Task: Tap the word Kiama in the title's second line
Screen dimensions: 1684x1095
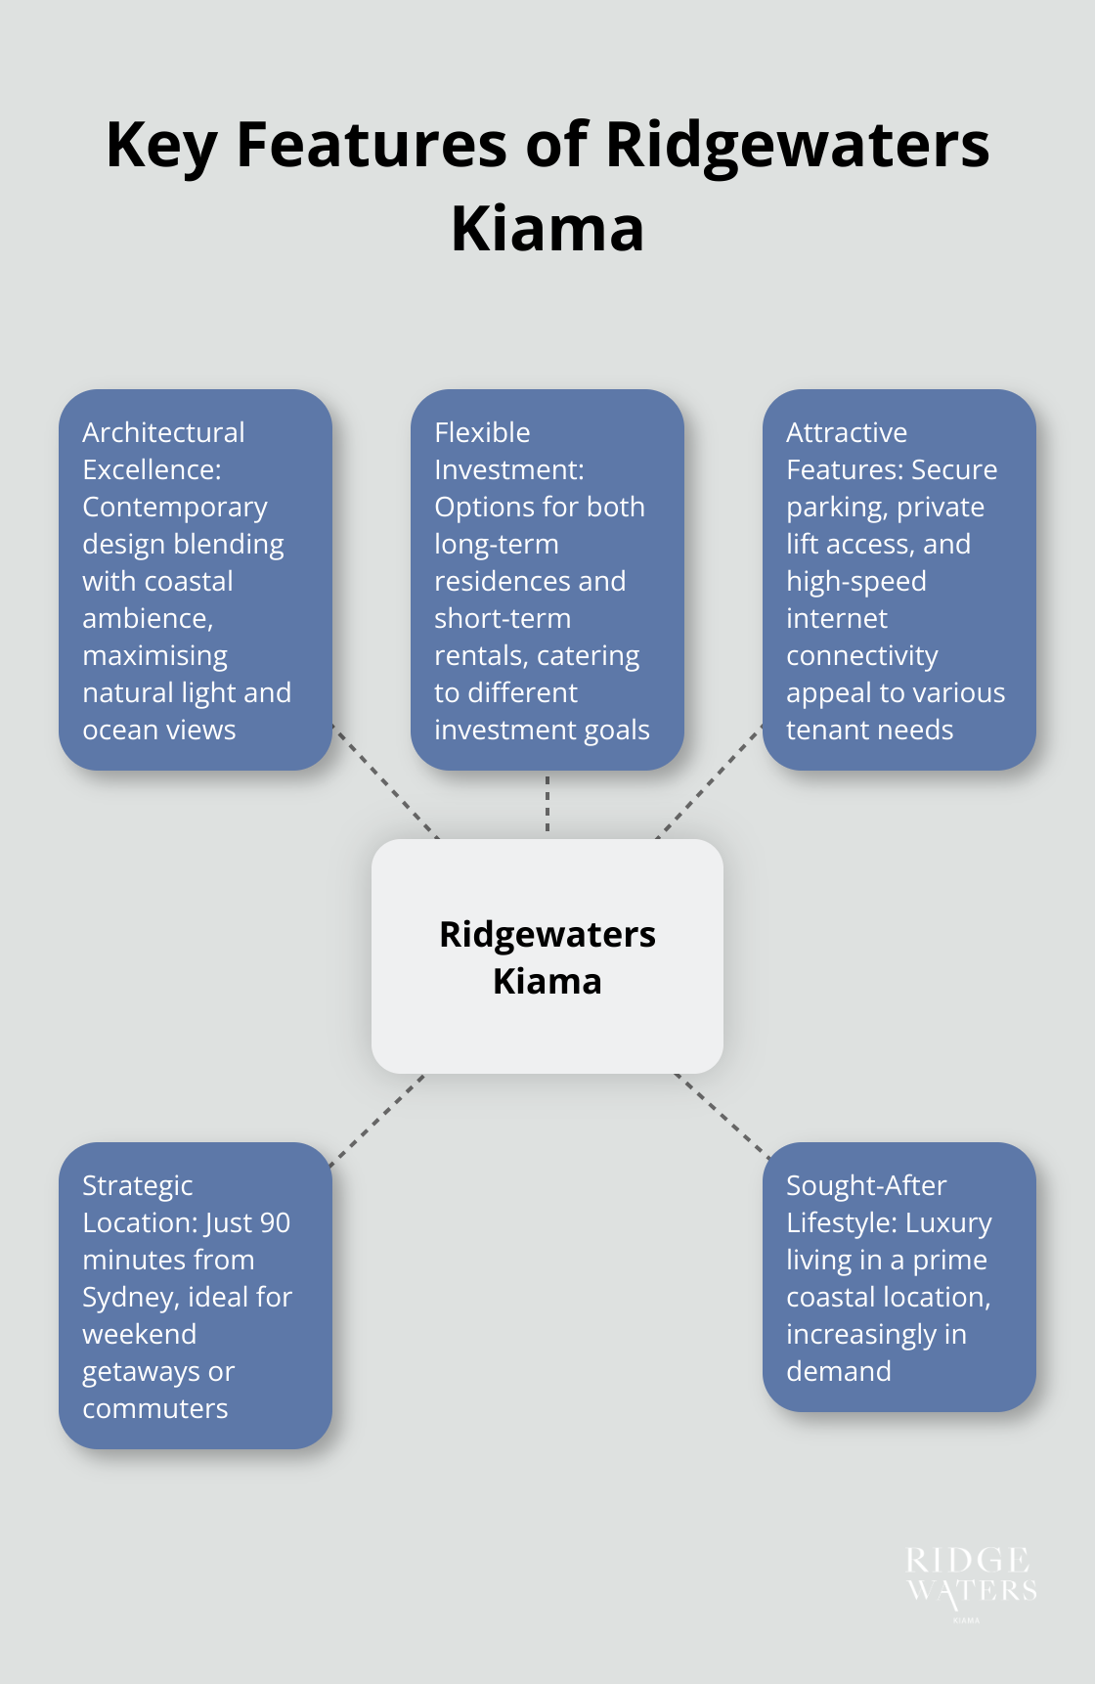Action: [x=547, y=230]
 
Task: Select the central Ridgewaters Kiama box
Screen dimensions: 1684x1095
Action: [x=547, y=955]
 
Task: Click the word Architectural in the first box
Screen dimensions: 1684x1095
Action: [x=163, y=432]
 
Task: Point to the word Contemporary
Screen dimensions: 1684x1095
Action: [x=175, y=508]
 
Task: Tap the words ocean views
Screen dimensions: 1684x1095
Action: [x=159, y=731]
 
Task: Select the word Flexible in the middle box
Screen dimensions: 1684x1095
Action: [x=482, y=432]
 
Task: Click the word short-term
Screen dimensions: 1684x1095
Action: [x=503, y=619]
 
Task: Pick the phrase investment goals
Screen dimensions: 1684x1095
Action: [x=542, y=731]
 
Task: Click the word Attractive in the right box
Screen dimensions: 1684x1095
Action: [x=847, y=432]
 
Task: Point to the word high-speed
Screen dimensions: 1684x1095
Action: [x=856, y=582]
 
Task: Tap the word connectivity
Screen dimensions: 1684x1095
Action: [x=862, y=656]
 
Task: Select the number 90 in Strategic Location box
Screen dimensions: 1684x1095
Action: [x=275, y=1223]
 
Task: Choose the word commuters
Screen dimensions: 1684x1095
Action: [x=155, y=1409]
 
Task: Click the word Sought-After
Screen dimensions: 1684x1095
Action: [x=866, y=1186]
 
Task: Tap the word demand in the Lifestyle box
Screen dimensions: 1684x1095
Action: [x=839, y=1372]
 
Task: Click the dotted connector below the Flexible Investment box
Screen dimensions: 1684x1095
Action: [x=547, y=804]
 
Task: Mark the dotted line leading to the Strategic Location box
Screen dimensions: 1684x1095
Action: [x=377, y=1121]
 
